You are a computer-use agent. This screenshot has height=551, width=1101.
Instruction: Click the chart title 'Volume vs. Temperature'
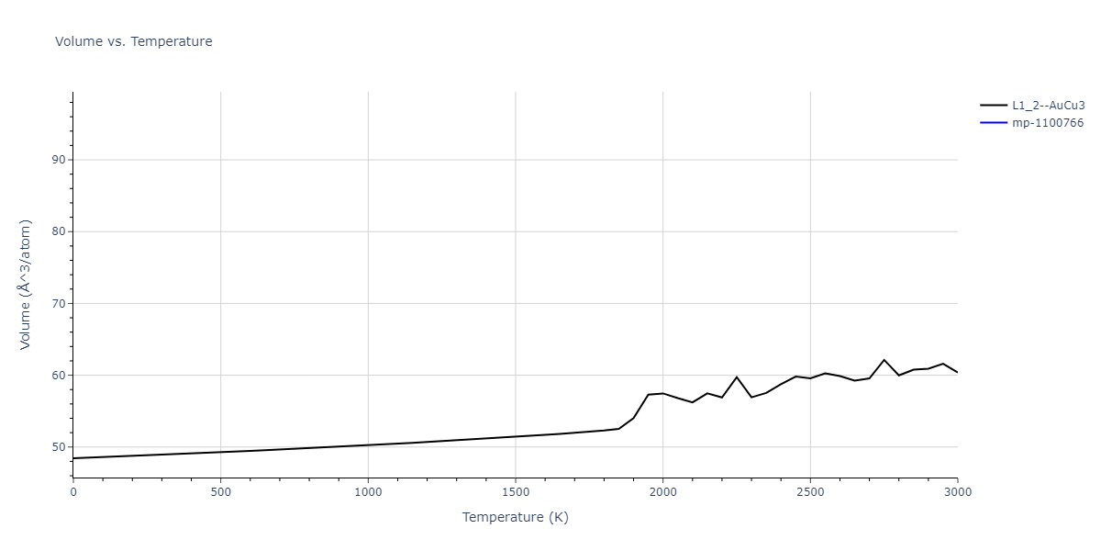[133, 41]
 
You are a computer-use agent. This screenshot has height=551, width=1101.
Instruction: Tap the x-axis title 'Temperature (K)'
[515, 517]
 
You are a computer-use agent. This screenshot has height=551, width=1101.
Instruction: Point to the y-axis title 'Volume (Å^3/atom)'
[26, 284]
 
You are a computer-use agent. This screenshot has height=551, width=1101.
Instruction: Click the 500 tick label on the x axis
[220, 493]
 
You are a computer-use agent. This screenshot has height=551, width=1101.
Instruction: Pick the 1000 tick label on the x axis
[368, 493]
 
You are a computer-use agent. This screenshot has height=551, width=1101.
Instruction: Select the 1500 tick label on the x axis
[516, 493]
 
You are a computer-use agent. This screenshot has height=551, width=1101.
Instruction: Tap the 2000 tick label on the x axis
[662, 493]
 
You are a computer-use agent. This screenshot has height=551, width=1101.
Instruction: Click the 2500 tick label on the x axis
[810, 493]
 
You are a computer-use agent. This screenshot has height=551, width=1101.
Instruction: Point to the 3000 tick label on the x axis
[957, 493]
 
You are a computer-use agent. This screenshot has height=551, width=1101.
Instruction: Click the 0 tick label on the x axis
[73, 493]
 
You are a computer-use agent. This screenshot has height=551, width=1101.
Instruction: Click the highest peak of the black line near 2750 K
[884, 360]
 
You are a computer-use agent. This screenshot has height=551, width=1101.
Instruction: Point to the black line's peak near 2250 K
[737, 377]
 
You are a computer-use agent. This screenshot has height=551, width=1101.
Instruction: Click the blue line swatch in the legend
[993, 123]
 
